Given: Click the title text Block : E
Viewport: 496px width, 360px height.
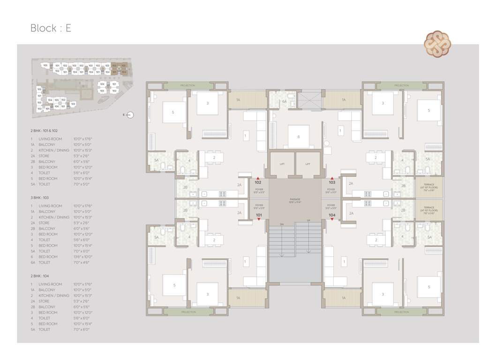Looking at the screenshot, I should click(x=51, y=28).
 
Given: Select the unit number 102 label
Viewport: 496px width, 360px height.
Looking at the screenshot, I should click(x=258, y=182).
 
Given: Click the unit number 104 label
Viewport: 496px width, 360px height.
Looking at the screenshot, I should click(x=332, y=215).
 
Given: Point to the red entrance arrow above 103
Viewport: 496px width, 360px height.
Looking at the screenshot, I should click(x=332, y=178).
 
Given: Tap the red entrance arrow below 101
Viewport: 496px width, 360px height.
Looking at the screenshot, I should click(x=258, y=219).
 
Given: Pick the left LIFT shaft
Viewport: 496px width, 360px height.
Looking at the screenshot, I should click(x=281, y=164).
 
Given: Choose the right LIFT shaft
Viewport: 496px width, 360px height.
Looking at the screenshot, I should click(x=308, y=164).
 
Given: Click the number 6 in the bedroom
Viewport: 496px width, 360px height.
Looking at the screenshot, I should click(x=298, y=136).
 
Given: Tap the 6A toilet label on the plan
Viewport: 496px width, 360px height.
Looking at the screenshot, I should click(x=284, y=101).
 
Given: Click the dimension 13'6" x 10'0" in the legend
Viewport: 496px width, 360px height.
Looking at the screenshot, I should click(x=83, y=257).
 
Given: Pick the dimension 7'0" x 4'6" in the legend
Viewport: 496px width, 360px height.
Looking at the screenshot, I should click(x=82, y=262).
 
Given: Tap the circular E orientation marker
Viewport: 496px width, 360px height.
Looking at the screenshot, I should click(x=130, y=114).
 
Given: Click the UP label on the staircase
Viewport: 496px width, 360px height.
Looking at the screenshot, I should click(x=308, y=220).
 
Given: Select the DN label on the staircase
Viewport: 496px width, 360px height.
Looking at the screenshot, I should click(x=281, y=224).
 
